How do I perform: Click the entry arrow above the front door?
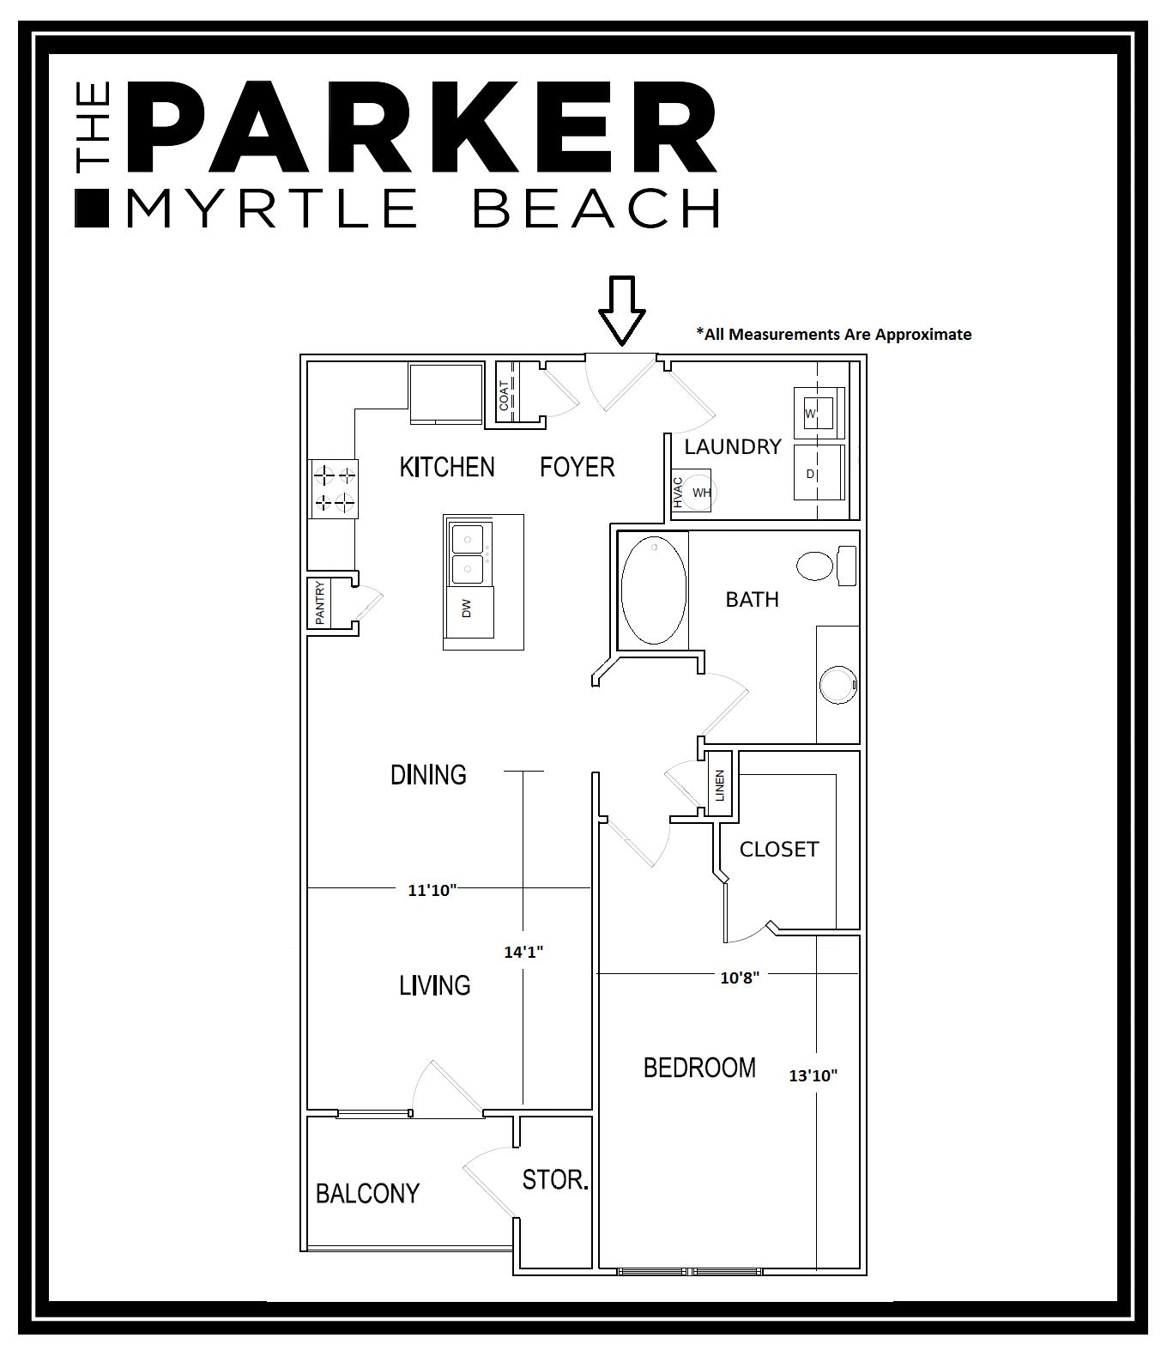621,310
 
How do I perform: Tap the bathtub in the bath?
654,590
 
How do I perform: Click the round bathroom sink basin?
837,685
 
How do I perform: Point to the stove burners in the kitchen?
334,487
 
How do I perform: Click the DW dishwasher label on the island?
467,608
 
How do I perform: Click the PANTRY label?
320,602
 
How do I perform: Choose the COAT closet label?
505,395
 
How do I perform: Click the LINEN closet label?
720,785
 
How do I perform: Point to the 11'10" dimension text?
432,890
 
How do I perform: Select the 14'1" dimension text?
523,952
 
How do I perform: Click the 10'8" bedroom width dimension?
740,978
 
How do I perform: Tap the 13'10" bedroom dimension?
813,1075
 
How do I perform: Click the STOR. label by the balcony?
555,1180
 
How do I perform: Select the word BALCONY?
367,1194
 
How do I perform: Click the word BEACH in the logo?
596,209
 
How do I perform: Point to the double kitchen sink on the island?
468,554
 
